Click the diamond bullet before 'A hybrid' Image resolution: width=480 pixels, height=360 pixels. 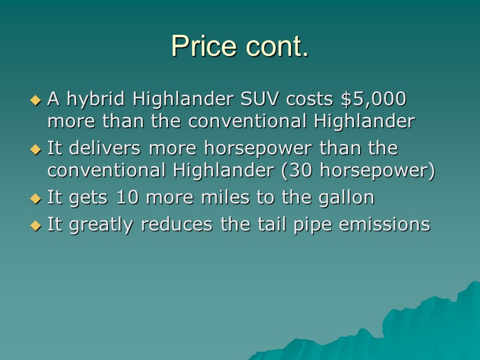click(36, 98)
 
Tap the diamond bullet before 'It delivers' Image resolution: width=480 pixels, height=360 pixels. click(36, 148)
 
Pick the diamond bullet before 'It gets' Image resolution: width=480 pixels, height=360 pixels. click(36, 198)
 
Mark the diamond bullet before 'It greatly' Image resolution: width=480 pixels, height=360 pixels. click(36, 226)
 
